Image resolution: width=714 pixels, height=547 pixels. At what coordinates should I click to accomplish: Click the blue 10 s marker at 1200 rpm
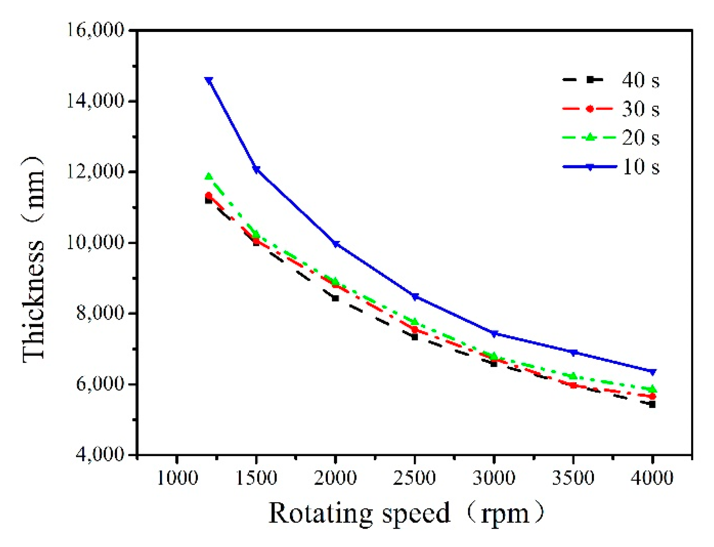click(x=209, y=80)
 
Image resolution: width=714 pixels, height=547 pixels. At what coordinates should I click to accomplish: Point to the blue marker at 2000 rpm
click(x=336, y=244)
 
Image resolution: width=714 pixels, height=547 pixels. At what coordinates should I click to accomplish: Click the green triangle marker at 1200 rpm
click(x=209, y=176)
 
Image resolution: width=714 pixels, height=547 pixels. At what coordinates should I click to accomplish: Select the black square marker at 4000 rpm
click(x=652, y=405)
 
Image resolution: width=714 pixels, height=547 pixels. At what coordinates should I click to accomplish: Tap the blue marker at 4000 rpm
click(x=652, y=372)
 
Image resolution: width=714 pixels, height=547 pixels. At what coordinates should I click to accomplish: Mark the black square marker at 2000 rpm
click(x=335, y=298)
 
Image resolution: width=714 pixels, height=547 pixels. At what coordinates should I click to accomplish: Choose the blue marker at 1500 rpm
click(x=257, y=170)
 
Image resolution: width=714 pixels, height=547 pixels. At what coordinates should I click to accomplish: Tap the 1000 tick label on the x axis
click(x=177, y=478)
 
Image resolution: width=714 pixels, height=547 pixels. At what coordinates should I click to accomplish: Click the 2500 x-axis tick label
click(x=415, y=478)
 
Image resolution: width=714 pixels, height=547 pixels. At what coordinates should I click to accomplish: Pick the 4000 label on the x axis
click(x=652, y=478)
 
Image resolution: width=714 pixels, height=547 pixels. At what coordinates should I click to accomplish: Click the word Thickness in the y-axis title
click(x=34, y=301)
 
